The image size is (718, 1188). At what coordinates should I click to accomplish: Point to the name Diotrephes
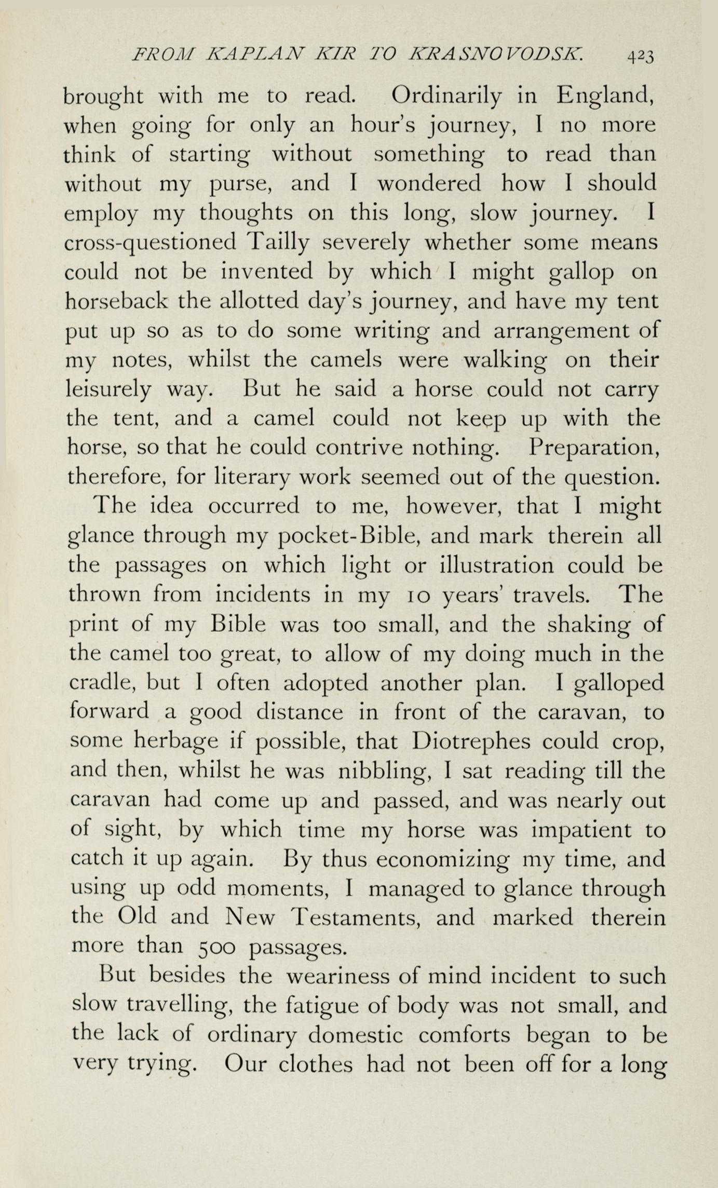click(471, 741)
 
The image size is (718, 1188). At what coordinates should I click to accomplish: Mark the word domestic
click(355, 1035)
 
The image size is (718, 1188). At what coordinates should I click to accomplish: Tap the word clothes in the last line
click(316, 1065)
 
